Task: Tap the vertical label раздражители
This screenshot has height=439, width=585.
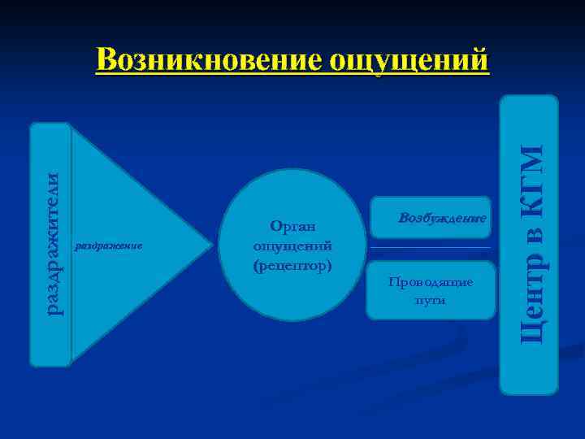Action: [x=51, y=244]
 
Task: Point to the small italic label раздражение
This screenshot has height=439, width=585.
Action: [x=108, y=245]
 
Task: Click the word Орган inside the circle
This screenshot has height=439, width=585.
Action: [x=292, y=228]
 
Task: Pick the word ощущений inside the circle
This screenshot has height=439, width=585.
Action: [x=292, y=246]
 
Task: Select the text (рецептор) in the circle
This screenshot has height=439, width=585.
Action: [x=292, y=264]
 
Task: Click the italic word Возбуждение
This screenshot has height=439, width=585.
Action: [x=442, y=219]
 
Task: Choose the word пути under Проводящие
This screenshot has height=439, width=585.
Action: [x=430, y=300]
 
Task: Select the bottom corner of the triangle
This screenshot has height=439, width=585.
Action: [x=74, y=361]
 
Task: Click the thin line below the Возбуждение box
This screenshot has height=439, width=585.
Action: [x=430, y=247]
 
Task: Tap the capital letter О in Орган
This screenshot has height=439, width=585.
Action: [x=275, y=228]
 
